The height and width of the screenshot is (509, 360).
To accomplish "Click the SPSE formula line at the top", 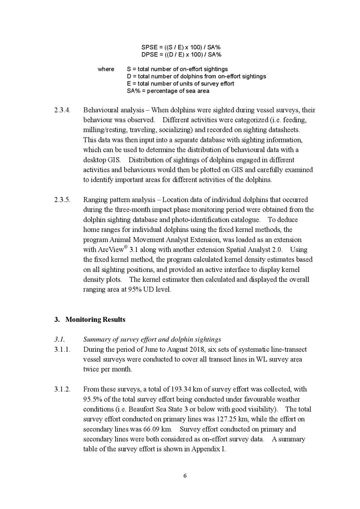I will coord(181,47).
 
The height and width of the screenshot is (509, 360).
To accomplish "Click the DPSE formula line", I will coord(181,54).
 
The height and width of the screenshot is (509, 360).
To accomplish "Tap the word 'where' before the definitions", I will coord(106,69).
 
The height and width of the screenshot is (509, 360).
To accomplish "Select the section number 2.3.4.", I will coord(62,110).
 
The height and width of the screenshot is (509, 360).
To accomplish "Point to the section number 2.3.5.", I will coord(62,199).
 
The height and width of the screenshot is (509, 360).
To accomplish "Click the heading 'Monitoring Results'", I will coord(95,320).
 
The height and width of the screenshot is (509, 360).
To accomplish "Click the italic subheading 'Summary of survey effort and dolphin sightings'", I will coord(152,339).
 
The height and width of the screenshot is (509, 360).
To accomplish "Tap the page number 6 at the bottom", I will coord(185,475).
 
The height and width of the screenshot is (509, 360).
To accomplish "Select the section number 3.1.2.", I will coord(62,389).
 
